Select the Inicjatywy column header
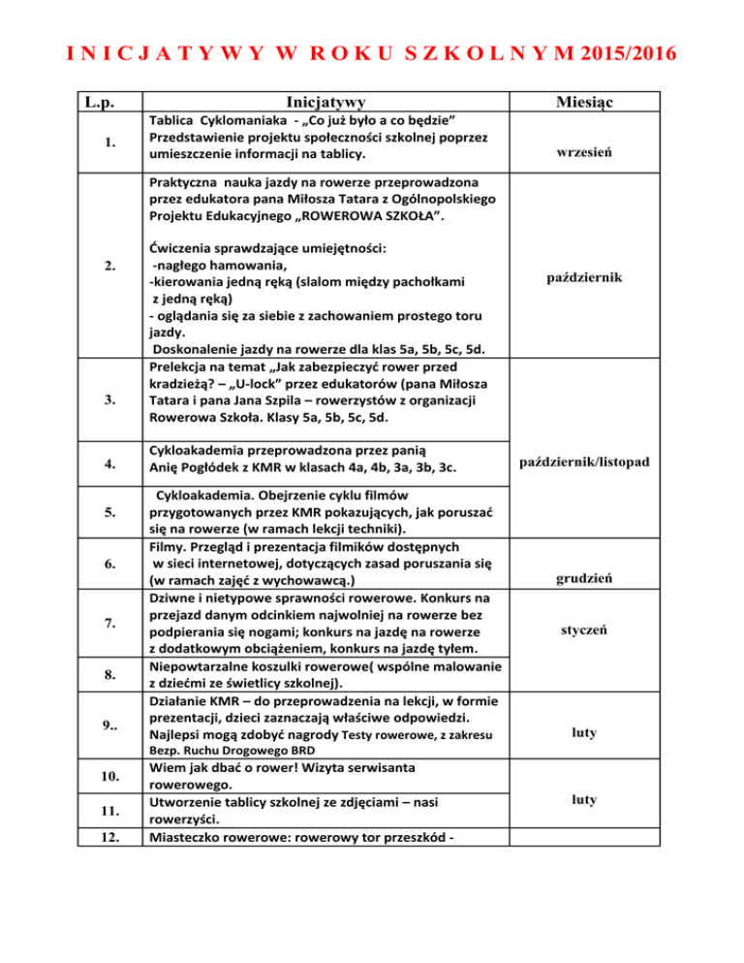325,101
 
